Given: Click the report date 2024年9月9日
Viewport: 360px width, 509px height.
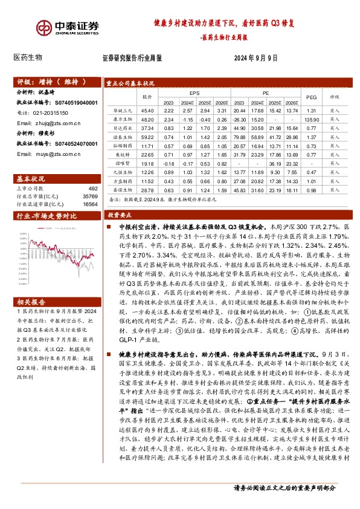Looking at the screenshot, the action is [256, 59].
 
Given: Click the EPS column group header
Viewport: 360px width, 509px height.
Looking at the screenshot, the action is [194, 94].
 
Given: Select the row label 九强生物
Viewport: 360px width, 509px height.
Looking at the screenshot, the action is [123, 172].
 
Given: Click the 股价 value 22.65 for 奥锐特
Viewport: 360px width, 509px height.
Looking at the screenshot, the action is [147, 154].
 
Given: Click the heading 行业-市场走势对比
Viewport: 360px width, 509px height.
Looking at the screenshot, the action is [47, 215].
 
